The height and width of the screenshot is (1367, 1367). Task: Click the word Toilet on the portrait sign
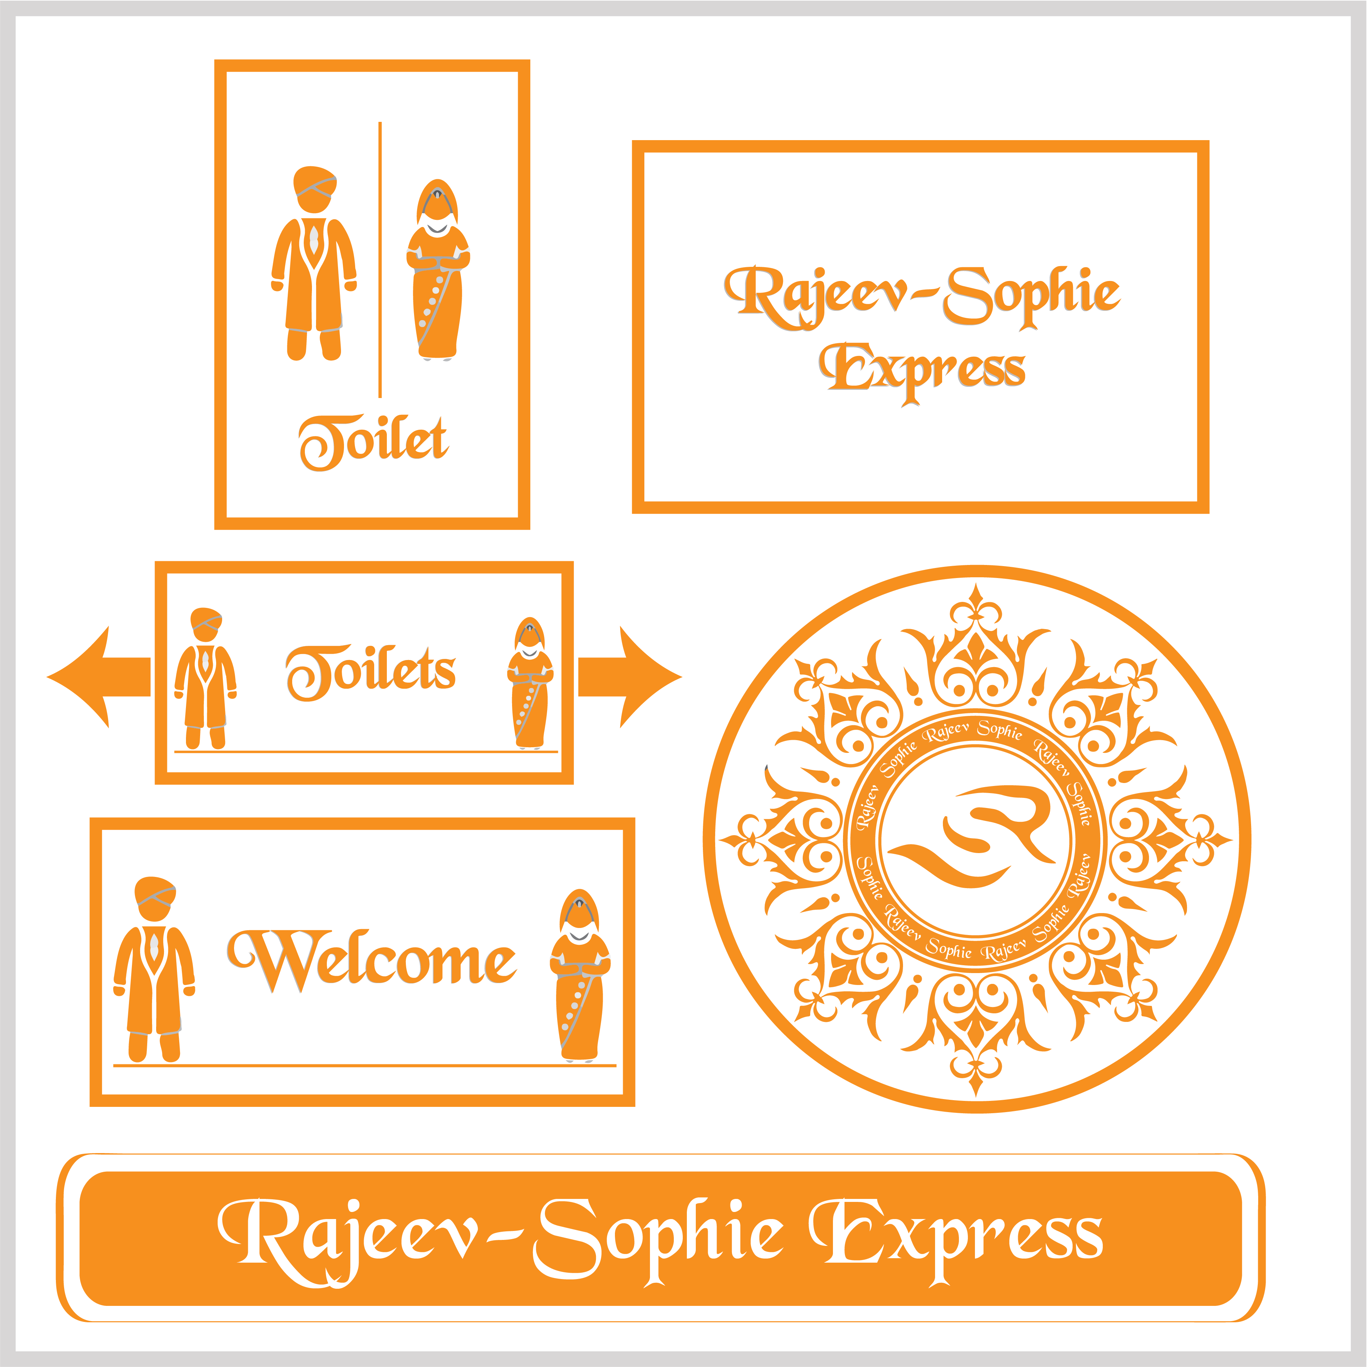coord(373,441)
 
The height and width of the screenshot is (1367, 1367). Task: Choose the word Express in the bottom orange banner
coord(955,1238)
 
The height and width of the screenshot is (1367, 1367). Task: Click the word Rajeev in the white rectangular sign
coord(814,294)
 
